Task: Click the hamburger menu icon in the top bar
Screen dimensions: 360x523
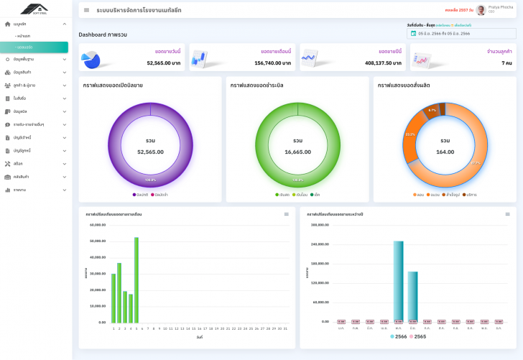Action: click(87, 10)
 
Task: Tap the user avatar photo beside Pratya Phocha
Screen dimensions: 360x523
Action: click(481, 10)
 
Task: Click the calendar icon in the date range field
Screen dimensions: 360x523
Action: click(413, 34)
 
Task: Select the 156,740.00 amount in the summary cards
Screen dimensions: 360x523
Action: click(273, 63)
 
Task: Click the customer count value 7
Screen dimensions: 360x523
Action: click(506, 63)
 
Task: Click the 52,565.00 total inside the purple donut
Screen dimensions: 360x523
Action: click(150, 152)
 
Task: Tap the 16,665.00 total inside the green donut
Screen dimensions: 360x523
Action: click(297, 152)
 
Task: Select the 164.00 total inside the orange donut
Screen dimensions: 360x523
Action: click(445, 152)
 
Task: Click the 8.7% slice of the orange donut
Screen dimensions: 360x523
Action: click(432, 111)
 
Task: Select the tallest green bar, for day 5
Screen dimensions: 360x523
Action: click(136, 280)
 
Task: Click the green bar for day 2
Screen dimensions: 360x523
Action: click(119, 292)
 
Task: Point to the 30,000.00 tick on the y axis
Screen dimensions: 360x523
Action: click(98, 274)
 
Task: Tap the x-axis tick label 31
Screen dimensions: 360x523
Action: click(285, 328)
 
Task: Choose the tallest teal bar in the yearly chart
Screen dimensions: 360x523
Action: click(398, 281)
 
